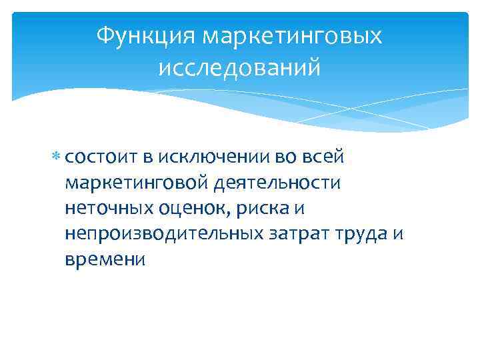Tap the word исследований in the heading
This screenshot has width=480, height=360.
click(239, 67)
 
